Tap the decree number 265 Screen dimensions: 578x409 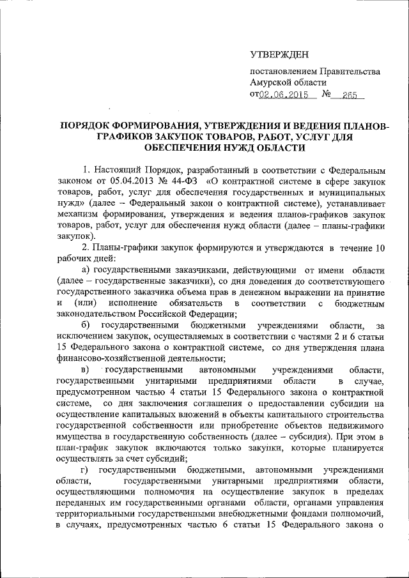(349, 95)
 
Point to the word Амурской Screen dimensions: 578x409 (274, 83)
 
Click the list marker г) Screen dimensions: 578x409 (85, 469)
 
